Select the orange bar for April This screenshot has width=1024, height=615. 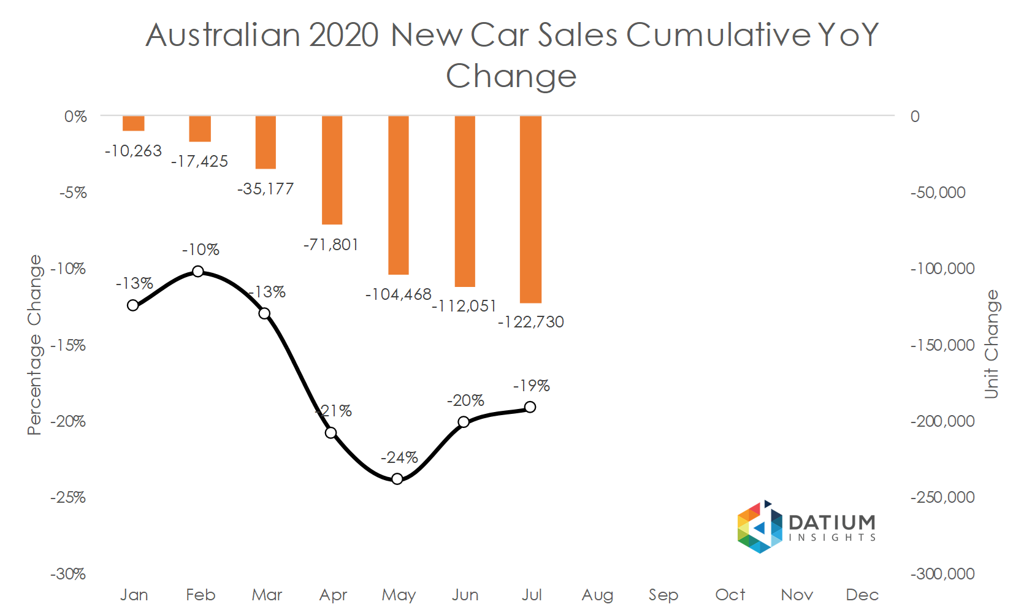[x=332, y=170]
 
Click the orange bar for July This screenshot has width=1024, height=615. [x=530, y=209]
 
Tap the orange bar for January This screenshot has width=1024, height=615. [x=133, y=123]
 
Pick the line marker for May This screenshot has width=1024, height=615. [x=397, y=478]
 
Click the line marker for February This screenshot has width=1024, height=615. [x=198, y=271]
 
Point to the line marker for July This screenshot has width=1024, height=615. [x=530, y=407]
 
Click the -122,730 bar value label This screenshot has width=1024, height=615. [x=530, y=322]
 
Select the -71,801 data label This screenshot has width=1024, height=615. [x=331, y=245]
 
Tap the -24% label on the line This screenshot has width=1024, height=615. [x=399, y=457]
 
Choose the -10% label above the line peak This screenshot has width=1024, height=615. [x=201, y=250]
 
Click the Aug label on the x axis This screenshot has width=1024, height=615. [x=597, y=595]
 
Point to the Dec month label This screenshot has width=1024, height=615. [x=862, y=595]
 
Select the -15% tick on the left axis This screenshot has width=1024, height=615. [x=68, y=345]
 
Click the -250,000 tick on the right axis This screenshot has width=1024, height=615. [x=942, y=497]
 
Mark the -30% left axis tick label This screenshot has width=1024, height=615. [x=68, y=574]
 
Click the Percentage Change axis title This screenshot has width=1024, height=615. [x=34, y=345]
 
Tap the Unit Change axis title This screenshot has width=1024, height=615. [x=992, y=344]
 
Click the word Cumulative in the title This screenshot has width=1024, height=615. [x=717, y=34]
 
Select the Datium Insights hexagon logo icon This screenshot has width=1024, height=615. [x=760, y=527]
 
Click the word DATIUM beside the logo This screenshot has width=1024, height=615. [x=832, y=522]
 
